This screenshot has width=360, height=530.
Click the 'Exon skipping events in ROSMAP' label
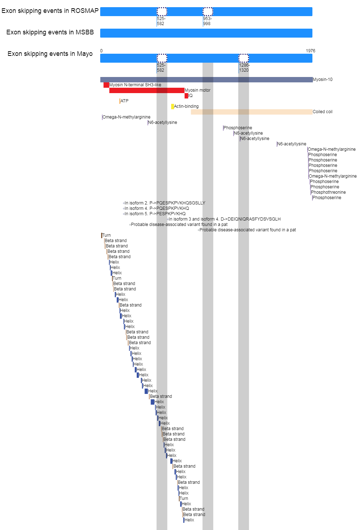pyautogui.click(x=50, y=11)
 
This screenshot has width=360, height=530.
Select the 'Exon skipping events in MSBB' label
pyautogui.click(x=50, y=33)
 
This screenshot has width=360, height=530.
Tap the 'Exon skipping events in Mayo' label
pyautogui.click(x=50, y=54)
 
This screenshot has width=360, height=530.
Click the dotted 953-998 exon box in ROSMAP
pyautogui.click(x=208, y=11)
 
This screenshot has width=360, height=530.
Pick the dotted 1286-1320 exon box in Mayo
pyautogui.click(x=243, y=58)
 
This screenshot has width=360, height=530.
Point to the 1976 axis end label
pyautogui.click(x=310, y=51)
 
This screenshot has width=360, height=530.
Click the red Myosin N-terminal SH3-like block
pyautogui.click(x=106, y=85)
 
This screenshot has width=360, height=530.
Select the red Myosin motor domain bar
pyautogui.click(x=147, y=90)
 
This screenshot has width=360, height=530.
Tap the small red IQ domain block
pyautogui.click(x=186, y=96)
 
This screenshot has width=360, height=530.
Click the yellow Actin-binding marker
pyautogui.click(x=172, y=106)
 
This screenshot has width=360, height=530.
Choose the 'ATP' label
pyautogui.click(x=124, y=101)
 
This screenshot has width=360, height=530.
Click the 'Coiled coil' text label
pyautogui.click(x=322, y=112)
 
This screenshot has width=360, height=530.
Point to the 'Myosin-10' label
pyautogui.click(x=322, y=79)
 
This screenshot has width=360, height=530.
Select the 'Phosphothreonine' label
pyautogui.click(x=328, y=192)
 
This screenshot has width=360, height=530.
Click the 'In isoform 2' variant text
pyautogui.click(x=165, y=203)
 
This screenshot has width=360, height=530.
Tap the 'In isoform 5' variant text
pyautogui.click(x=155, y=214)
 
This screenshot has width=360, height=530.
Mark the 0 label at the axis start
pyautogui.click(x=101, y=51)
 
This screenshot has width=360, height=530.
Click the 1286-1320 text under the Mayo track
pyautogui.click(x=244, y=68)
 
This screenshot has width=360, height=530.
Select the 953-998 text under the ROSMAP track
pyautogui.click(x=208, y=21)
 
